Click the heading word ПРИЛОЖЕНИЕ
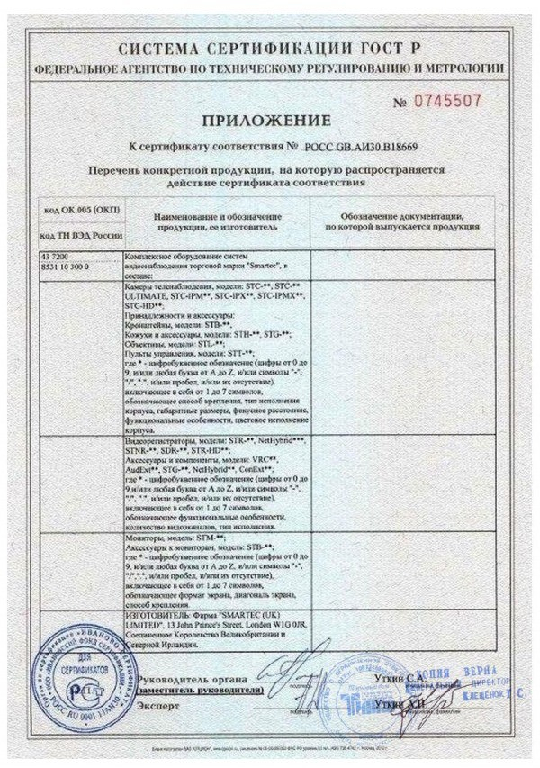point(265,121)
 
